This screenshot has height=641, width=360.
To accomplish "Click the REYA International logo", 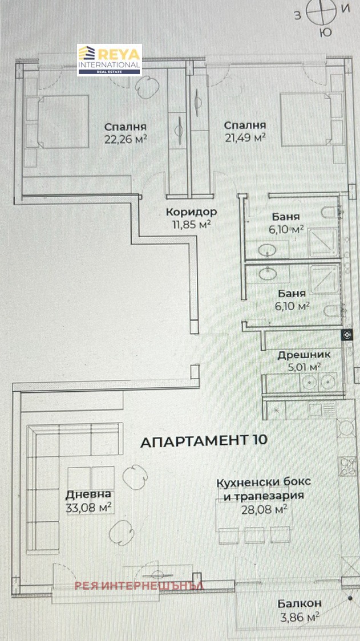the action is coord(110,60).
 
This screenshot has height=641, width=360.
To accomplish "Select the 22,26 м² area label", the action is coord(126,139).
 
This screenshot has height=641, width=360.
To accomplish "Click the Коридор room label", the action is coord(192,212).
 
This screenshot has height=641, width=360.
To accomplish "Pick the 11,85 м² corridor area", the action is coord(192,224).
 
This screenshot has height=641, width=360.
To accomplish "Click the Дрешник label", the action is coord(304,355).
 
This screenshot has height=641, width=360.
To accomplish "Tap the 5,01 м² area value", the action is coord(304,367).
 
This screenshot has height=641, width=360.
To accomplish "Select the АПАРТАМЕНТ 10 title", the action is coord(204,441).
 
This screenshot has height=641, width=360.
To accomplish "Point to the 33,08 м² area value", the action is coord(89,508).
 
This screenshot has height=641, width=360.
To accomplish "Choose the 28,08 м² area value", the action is coord(264,509).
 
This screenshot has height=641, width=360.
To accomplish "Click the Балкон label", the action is coord(300,603).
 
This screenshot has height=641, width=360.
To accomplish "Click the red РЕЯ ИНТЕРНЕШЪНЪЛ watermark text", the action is coord(139,586).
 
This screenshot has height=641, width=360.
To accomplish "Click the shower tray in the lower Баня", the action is coord(325,279).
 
